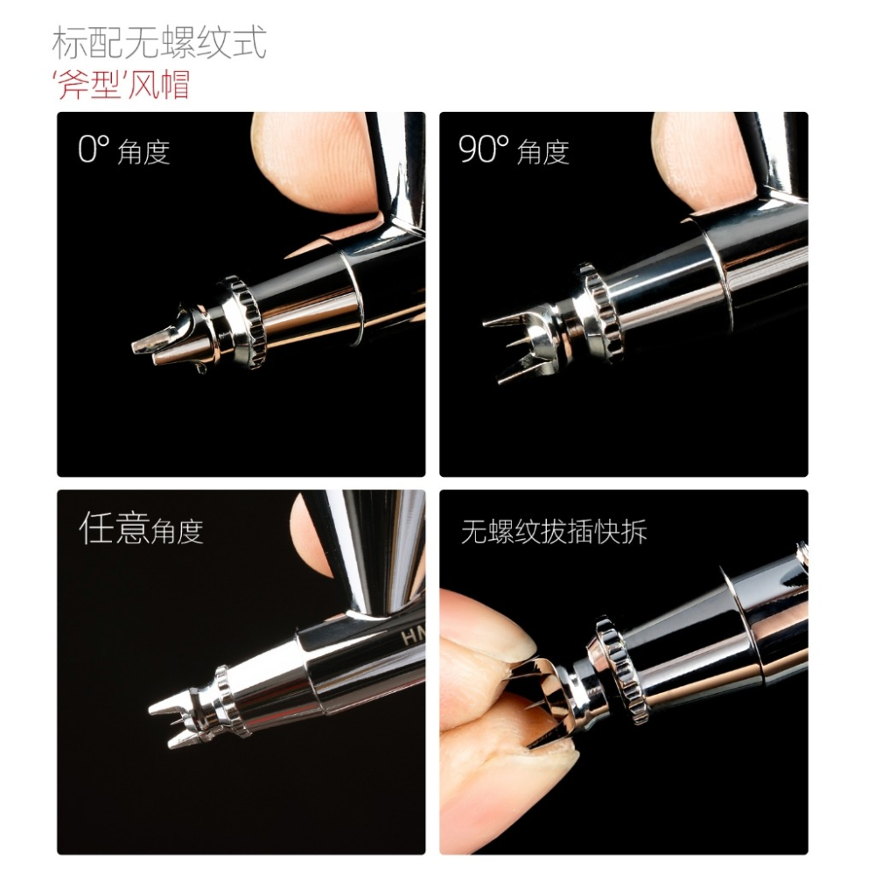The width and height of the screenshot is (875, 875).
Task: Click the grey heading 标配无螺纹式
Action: [x=158, y=42]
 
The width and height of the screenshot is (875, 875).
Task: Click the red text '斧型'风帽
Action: [x=122, y=86]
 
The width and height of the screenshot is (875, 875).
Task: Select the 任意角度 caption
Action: [x=141, y=529]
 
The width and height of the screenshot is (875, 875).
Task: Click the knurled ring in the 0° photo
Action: [x=244, y=321]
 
